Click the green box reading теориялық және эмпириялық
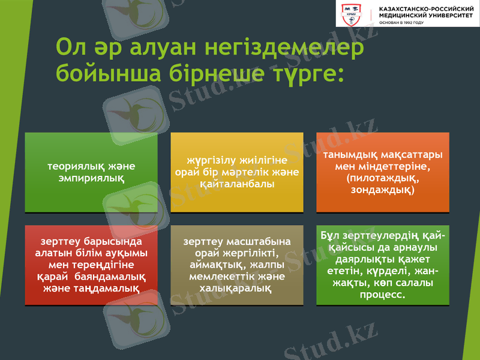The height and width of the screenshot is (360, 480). tap(91, 172)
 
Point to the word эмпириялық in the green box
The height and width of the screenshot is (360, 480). tap(91, 178)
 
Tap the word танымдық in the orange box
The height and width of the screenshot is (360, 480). tap(352, 155)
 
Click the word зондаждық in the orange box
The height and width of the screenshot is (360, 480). tap(382, 190)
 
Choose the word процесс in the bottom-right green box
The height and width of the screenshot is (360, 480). tap(382, 295)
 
